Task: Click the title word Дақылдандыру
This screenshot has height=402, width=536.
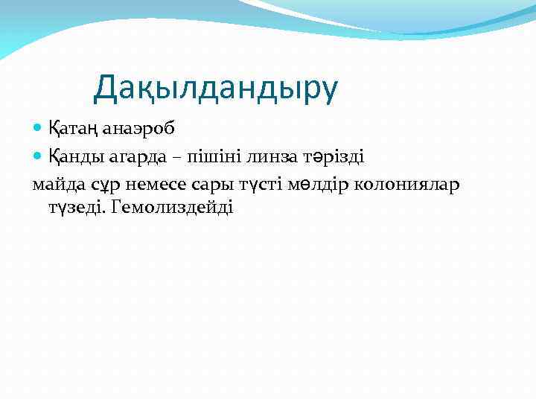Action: (215, 88)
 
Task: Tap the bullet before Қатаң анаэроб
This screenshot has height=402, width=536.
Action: (39, 128)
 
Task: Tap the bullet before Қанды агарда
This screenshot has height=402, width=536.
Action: (39, 156)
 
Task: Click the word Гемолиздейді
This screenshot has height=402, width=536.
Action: (171, 206)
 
